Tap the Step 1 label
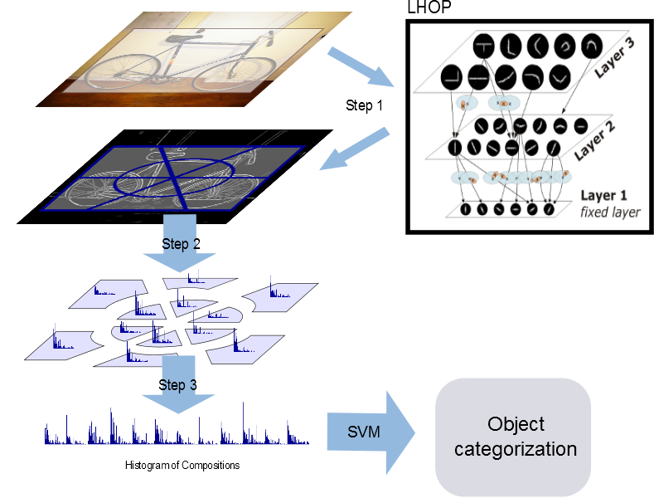click(363, 106)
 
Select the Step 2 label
click(180, 244)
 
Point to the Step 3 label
click(177, 385)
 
